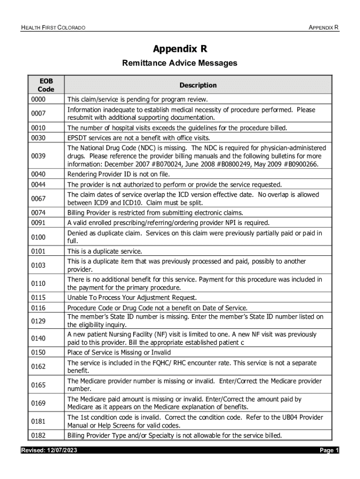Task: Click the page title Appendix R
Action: click(x=180, y=49)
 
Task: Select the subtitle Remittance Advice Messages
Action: click(x=180, y=63)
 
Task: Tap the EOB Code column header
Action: click(x=46, y=85)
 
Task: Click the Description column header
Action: click(x=198, y=85)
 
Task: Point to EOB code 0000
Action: click(x=38, y=100)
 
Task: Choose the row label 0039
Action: click(x=38, y=155)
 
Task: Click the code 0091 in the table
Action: click(x=38, y=223)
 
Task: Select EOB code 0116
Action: click(x=38, y=308)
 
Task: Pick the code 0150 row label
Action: click(x=38, y=352)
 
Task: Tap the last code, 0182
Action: click(x=38, y=435)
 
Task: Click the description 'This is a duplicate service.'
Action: click(x=105, y=251)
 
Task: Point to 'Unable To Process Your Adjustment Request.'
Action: click(x=132, y=298)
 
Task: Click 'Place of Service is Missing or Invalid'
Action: click(x=119, y=352)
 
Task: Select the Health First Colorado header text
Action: click(x=53, y=28)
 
